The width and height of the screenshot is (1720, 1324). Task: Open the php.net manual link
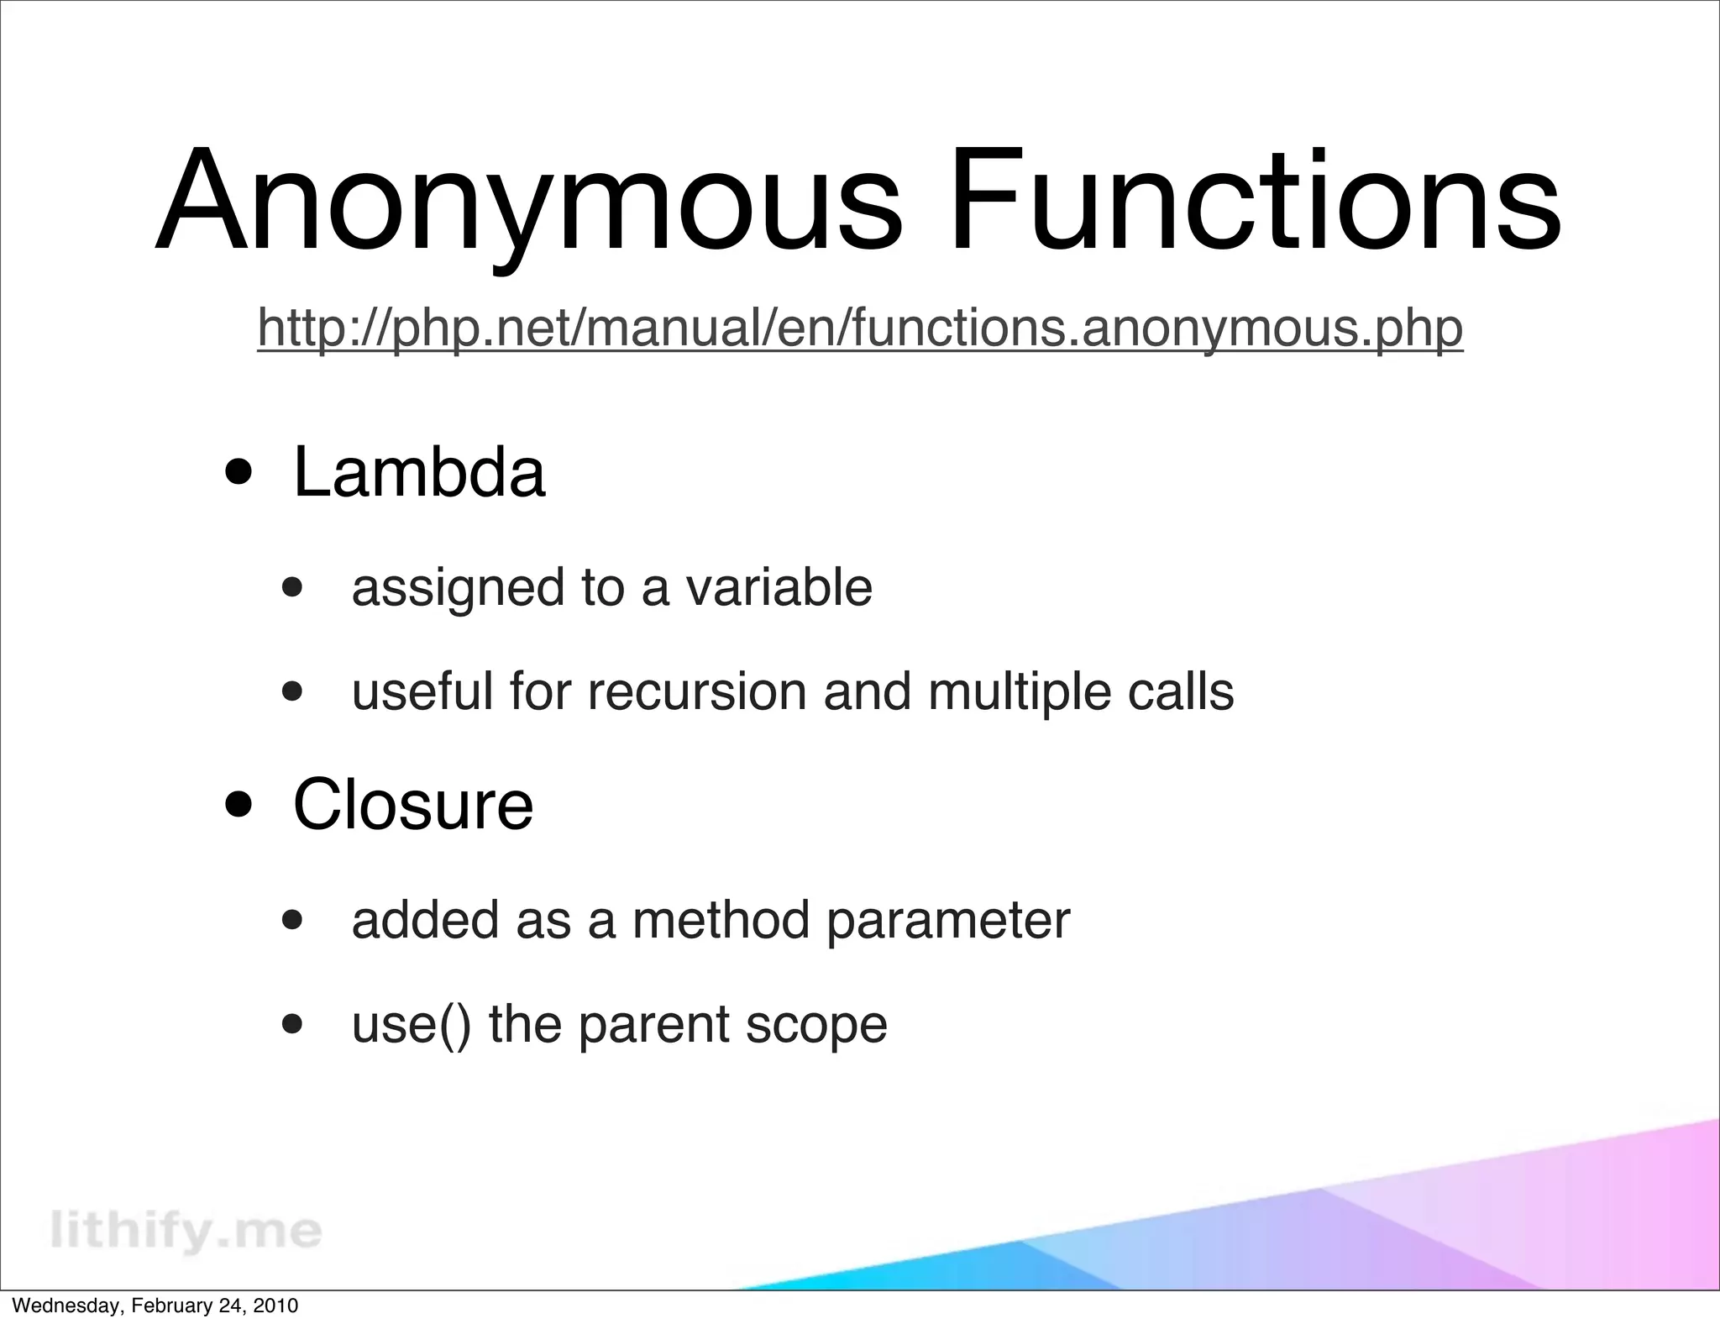coord(860,328)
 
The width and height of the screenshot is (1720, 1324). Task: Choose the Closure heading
coord(412,804)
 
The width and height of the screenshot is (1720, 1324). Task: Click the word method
coord(721,919)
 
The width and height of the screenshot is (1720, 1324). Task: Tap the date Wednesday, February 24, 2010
coord(155,1306)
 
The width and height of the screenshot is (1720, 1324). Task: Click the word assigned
coord(458,588)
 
